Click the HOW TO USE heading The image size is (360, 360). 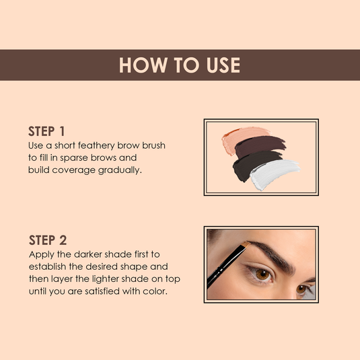tap(180, 65)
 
